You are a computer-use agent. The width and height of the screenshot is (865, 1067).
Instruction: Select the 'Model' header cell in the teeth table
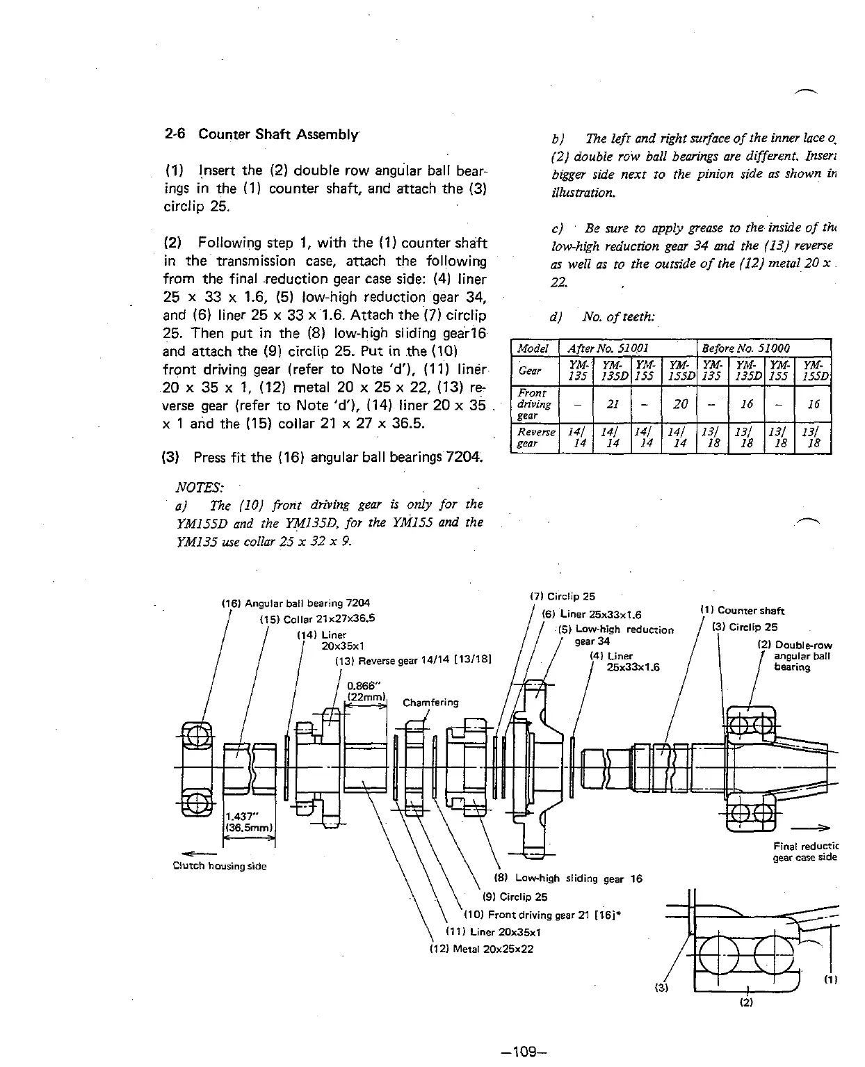(533, 348)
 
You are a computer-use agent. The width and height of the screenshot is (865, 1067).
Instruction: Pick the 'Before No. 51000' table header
(745, 348)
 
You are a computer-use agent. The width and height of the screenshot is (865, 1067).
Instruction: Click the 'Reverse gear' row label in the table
(534, 438)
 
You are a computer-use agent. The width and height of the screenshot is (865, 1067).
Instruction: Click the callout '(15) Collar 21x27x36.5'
(317, 618)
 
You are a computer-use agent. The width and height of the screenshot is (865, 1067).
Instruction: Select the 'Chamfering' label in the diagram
(430, 702)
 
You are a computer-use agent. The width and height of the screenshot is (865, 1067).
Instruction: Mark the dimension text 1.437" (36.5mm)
(249, 821)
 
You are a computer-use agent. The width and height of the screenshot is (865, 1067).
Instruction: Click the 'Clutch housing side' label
(220, 866)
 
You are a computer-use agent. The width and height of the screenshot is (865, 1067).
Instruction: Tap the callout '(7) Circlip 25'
(563, 596)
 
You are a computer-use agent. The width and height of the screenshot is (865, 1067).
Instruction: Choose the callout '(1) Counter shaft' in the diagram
(743, 611)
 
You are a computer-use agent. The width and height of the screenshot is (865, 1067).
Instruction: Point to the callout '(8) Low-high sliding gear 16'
(567, 879)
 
